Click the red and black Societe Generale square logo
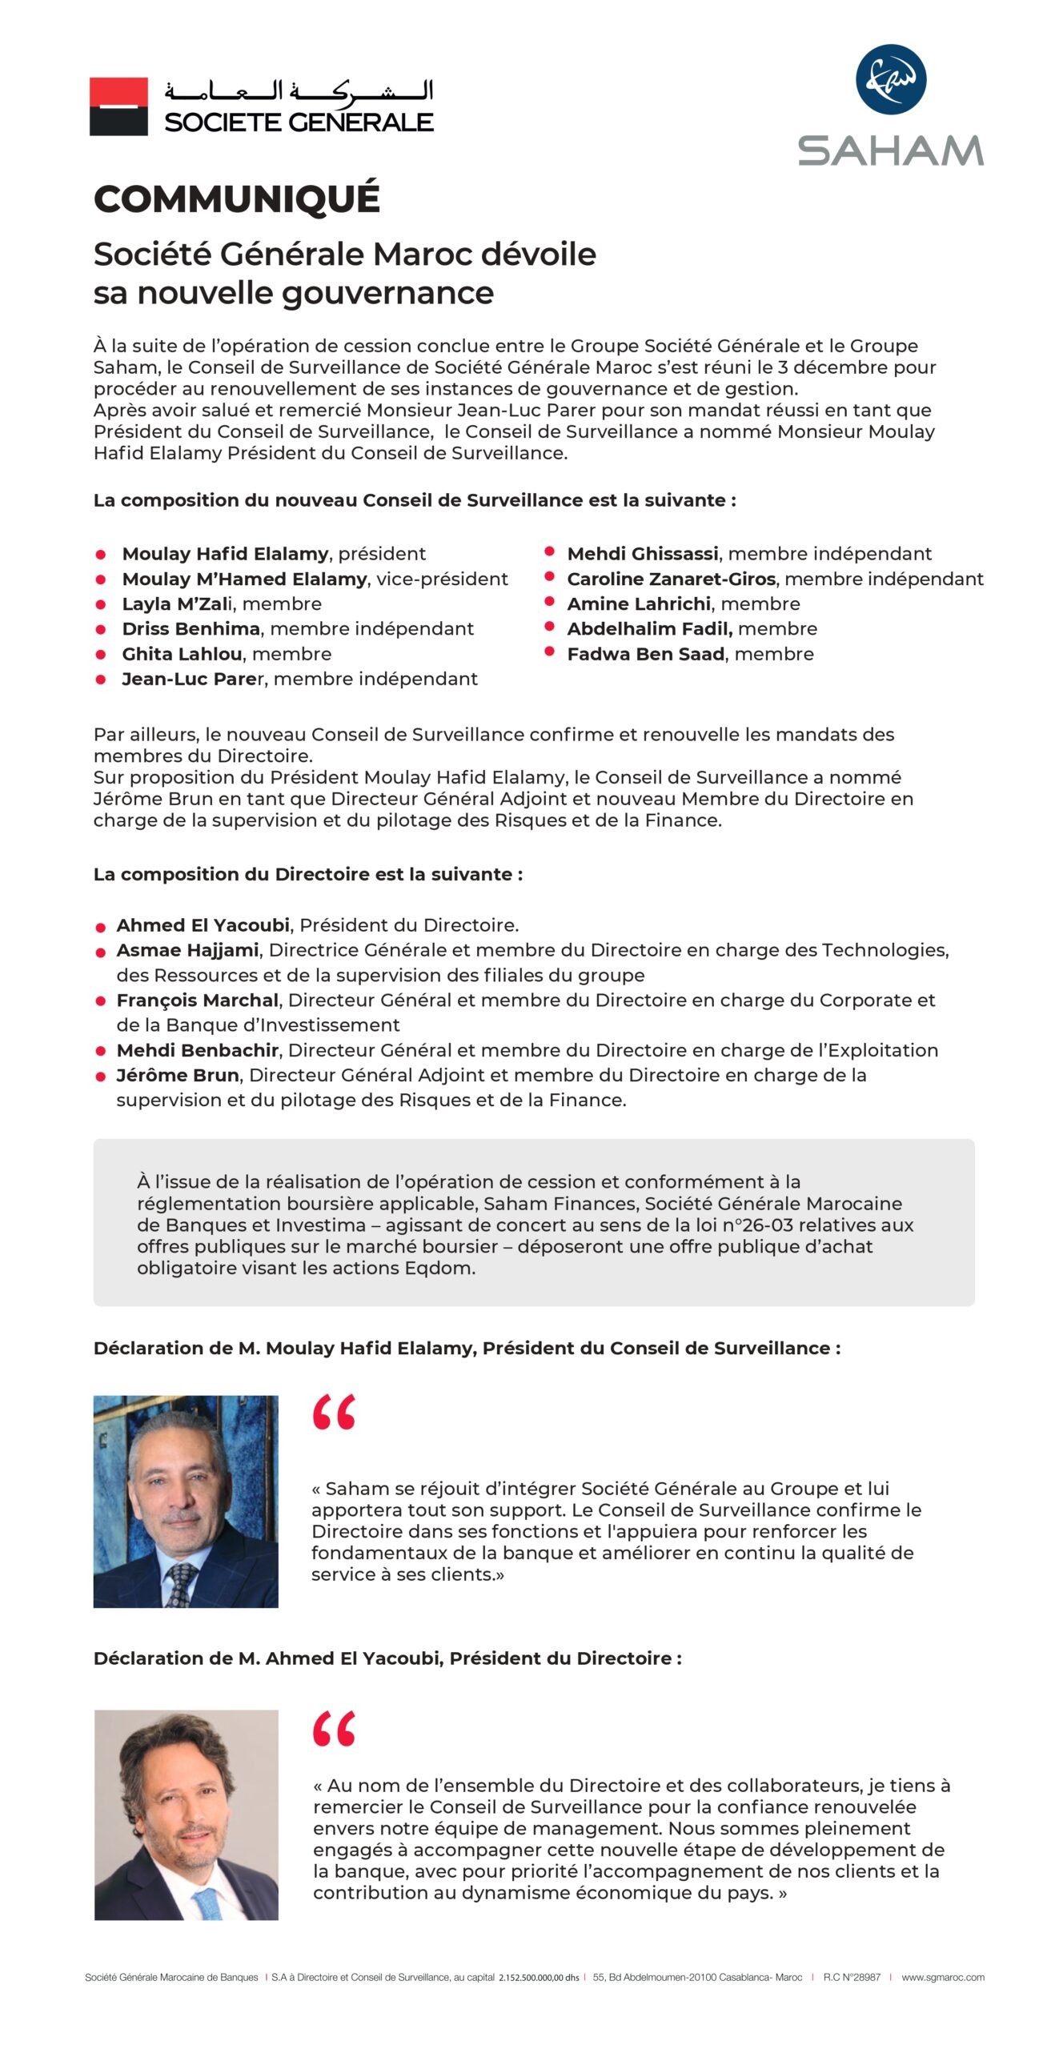coord(118,106)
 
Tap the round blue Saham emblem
coord(890,79)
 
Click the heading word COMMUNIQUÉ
coord(236,198)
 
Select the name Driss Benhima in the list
coord(191,629)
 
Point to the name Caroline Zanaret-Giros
coord(671,579)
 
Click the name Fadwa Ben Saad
coord(646,654)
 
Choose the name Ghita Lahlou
coord(182,654)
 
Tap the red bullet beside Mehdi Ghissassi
coord(550,551)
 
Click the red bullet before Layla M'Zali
coord(101,604)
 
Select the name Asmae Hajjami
coord(187,950)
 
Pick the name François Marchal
coord(198,1000)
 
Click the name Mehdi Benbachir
coord(198,1050)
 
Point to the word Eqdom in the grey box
coord(445,1268)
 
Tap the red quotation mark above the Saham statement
coord(334,1412)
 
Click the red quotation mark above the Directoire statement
coord(334,1729)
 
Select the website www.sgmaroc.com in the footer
coord(942,1977)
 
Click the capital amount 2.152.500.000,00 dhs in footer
coord(539,1978)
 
